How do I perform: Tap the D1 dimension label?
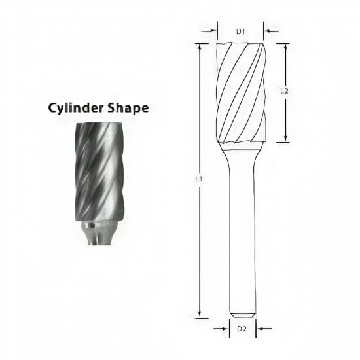click(x=240, y=30)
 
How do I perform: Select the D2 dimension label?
click(x=241, y=327)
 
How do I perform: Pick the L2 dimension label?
click(x=283, y=92)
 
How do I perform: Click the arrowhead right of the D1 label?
click(x=266, y=30)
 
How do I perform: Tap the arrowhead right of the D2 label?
click(x=258, y=327)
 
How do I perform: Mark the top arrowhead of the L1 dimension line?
click(x=199, y=46)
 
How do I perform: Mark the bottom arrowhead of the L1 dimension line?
click(x=199, y=314)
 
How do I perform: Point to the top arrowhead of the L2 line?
click(x=286, y=46)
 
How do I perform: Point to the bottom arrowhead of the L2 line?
click(x=286, y=139)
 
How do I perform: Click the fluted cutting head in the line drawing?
click(x=241, y=92)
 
